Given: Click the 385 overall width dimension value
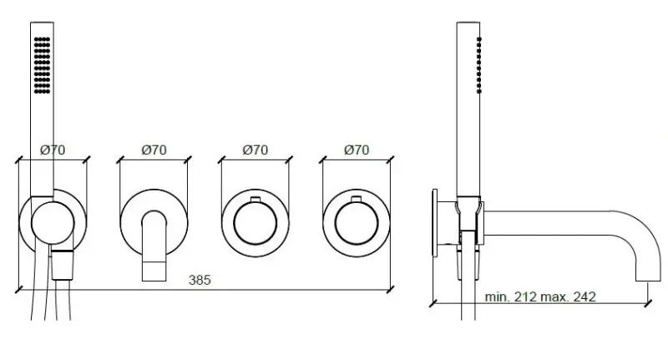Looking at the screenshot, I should pyautogui.click(x=200, y=281).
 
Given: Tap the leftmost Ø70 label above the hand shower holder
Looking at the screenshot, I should pyautogui.click(x=53, y=150).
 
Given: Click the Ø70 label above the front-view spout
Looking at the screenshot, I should pyautogui.click(x=154, y=150).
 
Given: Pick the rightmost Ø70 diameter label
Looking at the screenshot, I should pyautogui.click(x=357, y=150).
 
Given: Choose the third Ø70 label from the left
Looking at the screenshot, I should pyautogui.click(x=255, y=150).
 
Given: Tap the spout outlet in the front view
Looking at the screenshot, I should pyautogui.click(x=154, y=268).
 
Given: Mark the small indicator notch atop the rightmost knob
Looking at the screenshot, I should pyautogui.click(x=357, y=200).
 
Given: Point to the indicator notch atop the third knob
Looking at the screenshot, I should pyautogui.click(x=255, y=200).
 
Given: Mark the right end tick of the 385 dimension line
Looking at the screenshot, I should pyautogui.click(x=391, y=290).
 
